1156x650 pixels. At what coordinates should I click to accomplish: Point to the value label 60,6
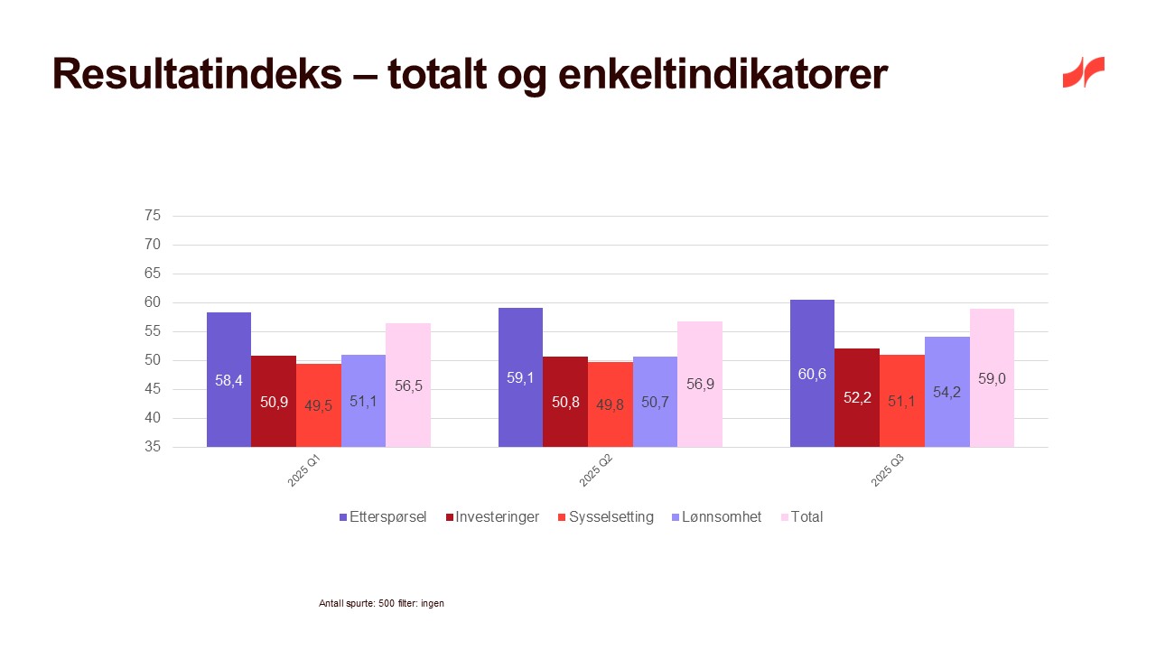click(x=812, y=375)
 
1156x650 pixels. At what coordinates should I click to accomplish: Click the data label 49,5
click(x=318, y=405)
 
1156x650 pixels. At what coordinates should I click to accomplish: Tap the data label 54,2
click(x=946, y=393)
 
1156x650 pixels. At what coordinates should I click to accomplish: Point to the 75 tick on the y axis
click(x=152, y=216)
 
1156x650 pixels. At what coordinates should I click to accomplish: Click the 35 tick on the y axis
click(x=152, y=447)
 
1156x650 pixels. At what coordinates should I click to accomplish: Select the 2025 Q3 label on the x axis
click(x=888, y=470)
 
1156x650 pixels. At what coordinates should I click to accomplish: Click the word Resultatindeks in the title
click(x=197, y=74)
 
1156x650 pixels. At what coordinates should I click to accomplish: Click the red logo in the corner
click(x=1083, y=72)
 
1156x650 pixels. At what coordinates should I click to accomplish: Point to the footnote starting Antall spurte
click(x=381, y=603)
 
